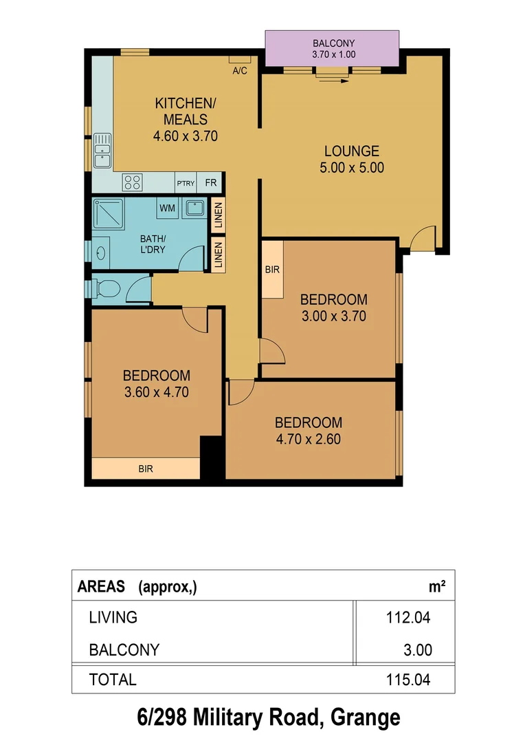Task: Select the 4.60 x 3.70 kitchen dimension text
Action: (x=185, y=136)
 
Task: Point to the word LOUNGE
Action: (x=352, y=151)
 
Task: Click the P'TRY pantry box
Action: (x=186, y=183)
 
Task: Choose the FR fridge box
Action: (x=210, y=183)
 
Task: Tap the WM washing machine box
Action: (x=167, y=208)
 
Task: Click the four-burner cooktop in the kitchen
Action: (x=132, y=182)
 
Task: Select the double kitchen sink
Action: (x=102, y=151)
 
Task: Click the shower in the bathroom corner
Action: (x=108, y=214)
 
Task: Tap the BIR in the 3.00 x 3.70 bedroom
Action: (x=272, y=269)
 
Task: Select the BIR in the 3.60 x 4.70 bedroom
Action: (x=146, y=469)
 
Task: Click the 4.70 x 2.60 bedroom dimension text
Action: (x=308, y=439)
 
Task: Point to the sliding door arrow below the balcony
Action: (x=333, y=79)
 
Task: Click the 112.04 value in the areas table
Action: (x=407, y=618)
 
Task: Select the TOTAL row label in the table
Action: (x=113, y=680)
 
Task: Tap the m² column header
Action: (x=437, y=586)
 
